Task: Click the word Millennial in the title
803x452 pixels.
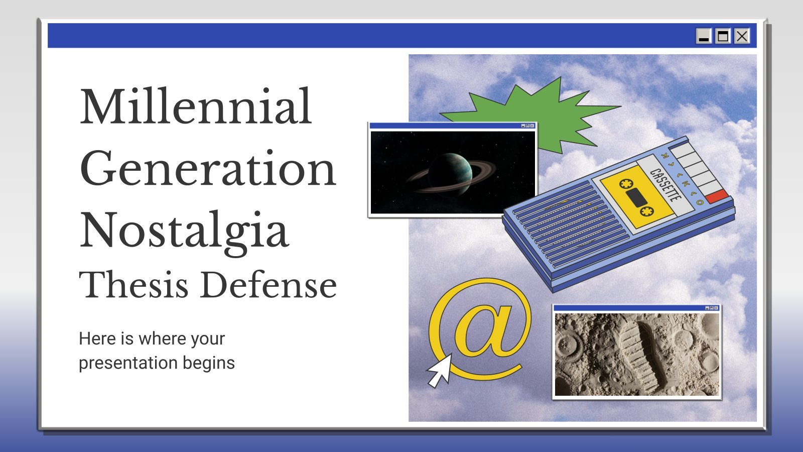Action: click(196, 106)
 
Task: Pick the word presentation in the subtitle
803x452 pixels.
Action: click(128, 364)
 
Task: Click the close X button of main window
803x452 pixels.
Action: click(742, 36)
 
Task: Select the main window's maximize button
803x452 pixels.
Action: click(723, 36)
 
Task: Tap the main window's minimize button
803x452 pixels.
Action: click(704, 36)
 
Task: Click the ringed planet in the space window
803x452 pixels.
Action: click(451, 174)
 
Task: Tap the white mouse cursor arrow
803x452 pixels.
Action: click(440, 371)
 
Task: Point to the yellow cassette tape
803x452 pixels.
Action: click(637, 197)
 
